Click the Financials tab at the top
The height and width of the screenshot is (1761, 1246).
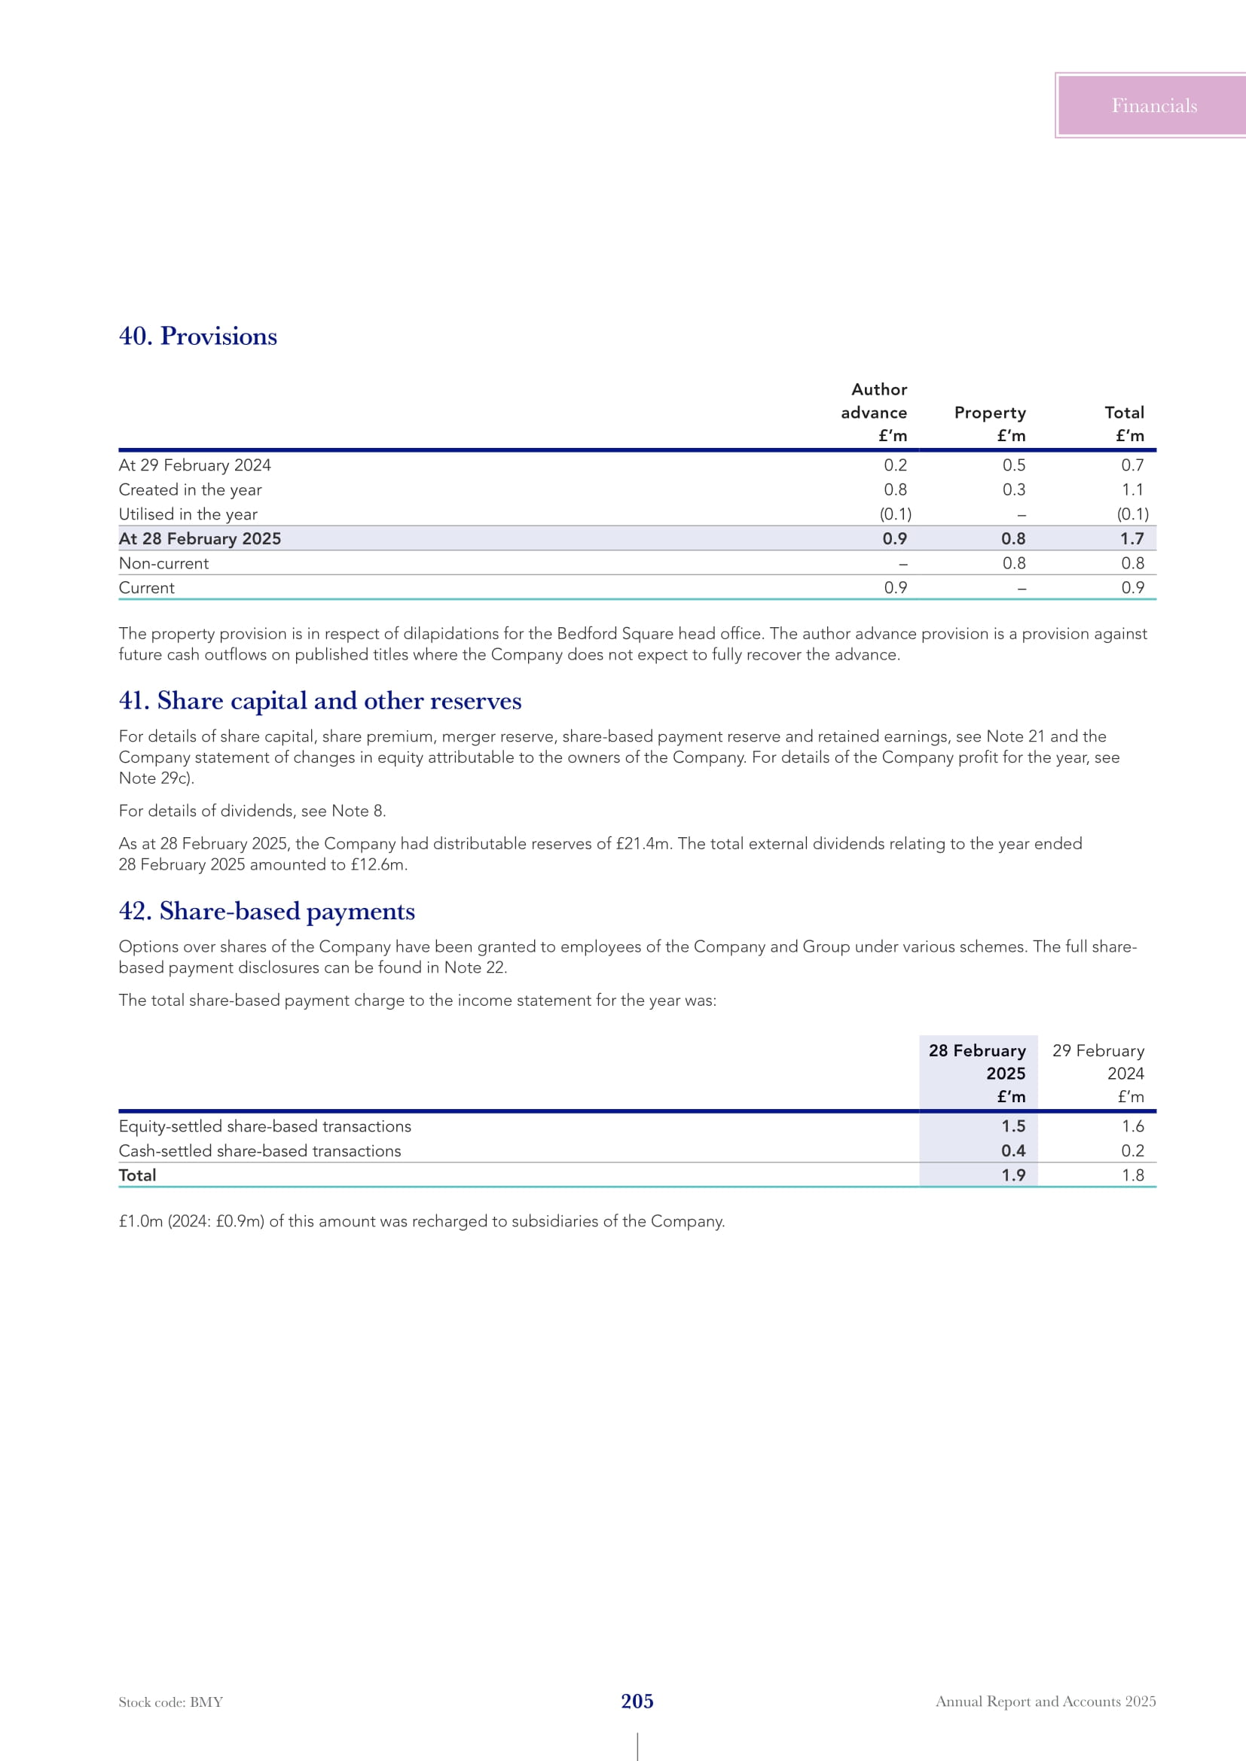(x=1153, y=106)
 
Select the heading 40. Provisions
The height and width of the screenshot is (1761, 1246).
(x=198, y=336)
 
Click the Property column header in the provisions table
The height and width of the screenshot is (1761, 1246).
(x=989, y=413)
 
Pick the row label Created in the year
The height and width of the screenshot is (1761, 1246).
(x=191, y=489)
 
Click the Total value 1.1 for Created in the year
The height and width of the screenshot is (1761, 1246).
(x=1132, y=489)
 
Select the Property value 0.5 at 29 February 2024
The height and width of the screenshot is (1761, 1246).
(x=1013, y=465)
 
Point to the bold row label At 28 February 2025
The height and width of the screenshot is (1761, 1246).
(x=200, y=538)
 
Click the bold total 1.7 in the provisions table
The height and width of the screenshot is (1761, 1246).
(x=1131, y=538)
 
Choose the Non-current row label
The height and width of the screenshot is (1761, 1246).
(x=163, y=563)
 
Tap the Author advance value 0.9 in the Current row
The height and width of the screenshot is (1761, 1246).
(x=896, y=587)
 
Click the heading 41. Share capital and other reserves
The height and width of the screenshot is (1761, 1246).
(x=320, y=700)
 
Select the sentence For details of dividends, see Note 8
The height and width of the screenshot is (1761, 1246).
(x=252, y=811)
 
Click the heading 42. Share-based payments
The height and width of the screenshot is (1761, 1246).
(x=267, y=910)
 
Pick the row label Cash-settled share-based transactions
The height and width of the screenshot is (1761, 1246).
(x=259, y=1150)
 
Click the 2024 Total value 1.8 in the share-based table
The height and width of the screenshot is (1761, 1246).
(x=1132, y=1175)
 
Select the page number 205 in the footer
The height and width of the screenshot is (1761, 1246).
(x=637, y=1702)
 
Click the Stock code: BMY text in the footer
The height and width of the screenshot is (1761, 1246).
(x=170, y=1702)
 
